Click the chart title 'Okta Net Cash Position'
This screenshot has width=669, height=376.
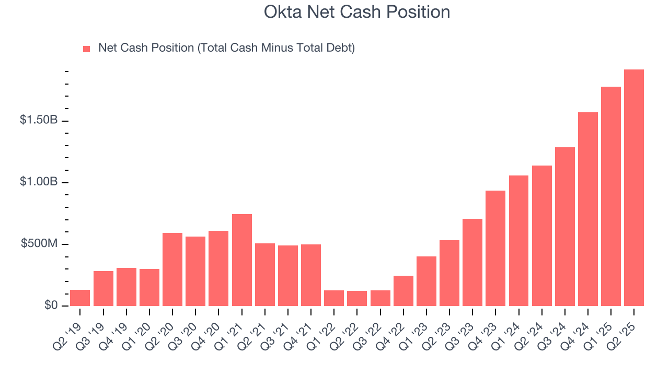(357, 12)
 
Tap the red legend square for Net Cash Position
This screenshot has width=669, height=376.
(87, 49)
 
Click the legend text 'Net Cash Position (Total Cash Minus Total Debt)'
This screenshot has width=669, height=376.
(226, 48)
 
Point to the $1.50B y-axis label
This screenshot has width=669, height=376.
(39, 120)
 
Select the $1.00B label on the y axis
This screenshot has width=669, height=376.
(39, 182)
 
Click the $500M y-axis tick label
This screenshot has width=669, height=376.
(39, 243)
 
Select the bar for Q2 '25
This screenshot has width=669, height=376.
(633, 188)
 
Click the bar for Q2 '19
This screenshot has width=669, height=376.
(80, 298)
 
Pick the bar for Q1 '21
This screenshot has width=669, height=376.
(242, 260)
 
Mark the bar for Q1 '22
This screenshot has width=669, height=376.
(334, 298)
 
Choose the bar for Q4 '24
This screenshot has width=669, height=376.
(587, 209)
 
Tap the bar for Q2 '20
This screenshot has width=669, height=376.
(172, 269)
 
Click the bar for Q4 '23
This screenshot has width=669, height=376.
(495, 248)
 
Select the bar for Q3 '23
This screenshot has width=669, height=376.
(472, 262)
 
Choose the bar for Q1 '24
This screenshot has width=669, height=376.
(518, 241)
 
